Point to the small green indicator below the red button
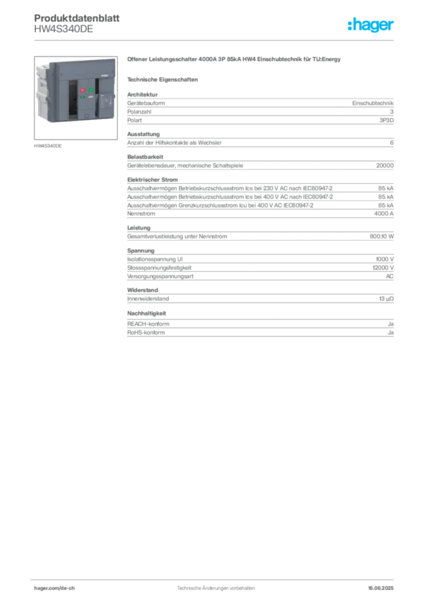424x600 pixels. coord(83,98)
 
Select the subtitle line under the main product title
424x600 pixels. coord(165,79)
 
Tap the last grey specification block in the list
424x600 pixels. coord(259,325)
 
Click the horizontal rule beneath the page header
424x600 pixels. coord(216,40)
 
